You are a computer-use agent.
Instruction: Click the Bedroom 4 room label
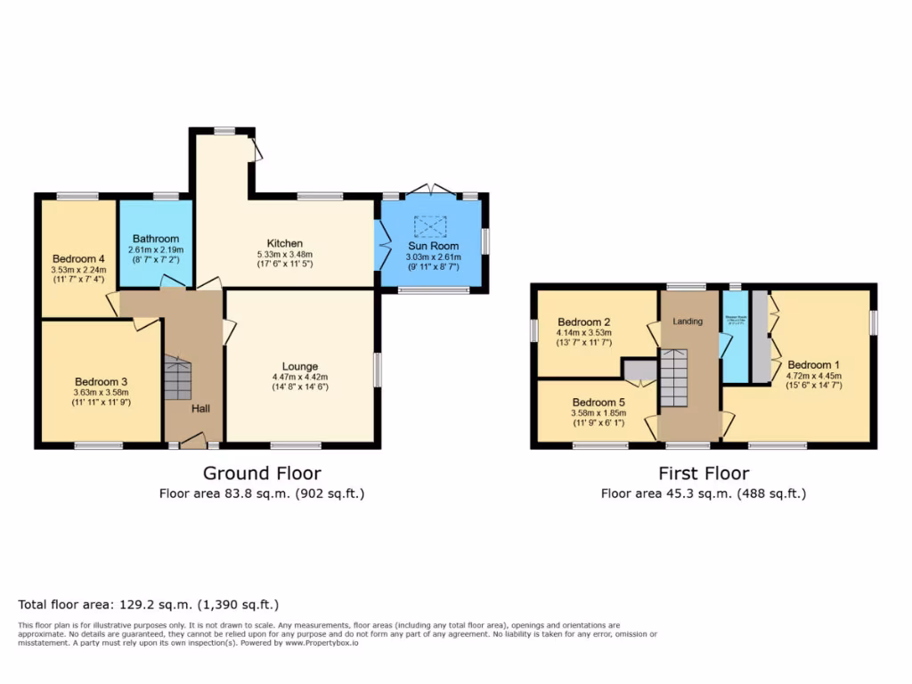click(78, 258)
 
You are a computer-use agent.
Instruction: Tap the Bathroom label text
click(156, 239)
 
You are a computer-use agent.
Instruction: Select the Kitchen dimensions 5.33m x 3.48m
click(285, 254)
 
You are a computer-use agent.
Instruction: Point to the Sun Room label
click(433, 246)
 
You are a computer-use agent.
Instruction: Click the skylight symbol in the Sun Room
click(429, 225)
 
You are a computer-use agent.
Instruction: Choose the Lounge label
click(300, 366)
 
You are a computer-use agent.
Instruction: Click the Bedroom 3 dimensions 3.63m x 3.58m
click(102, 392)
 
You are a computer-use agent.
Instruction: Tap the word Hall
click(201, 408)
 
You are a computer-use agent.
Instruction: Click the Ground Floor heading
click(262, 473)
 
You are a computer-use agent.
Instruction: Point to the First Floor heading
click(704, 473)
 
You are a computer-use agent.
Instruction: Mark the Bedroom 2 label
click(583, 322)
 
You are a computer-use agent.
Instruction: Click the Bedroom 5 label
click(598, 403)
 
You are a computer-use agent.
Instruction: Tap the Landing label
click(688, 322)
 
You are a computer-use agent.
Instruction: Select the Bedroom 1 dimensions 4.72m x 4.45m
click(814, 376)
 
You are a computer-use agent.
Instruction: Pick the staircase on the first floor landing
click(673, 378)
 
